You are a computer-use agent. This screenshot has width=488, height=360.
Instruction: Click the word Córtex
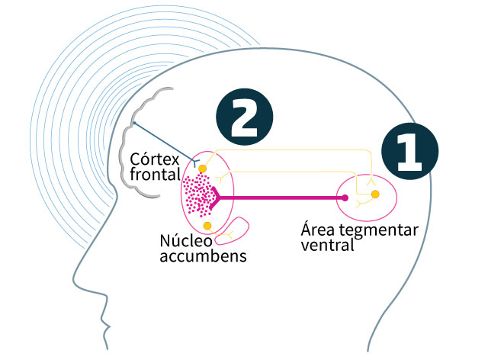pos(155,160)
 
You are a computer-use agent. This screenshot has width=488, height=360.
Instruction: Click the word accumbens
pos(204,256)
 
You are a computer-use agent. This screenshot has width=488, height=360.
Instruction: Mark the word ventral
pos(328,246)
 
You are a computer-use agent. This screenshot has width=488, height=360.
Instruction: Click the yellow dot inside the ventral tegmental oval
pos(375,195)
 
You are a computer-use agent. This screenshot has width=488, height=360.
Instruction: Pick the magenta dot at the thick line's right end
pos(345,198)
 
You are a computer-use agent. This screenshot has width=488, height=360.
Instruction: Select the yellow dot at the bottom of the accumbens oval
pos(207,227)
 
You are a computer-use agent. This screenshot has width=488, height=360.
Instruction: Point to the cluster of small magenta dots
pos(198,195)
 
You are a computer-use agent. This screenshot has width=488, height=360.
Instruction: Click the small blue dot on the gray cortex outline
pos(135,124)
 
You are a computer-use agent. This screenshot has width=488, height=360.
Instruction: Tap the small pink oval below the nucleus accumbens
pos(241,233)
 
